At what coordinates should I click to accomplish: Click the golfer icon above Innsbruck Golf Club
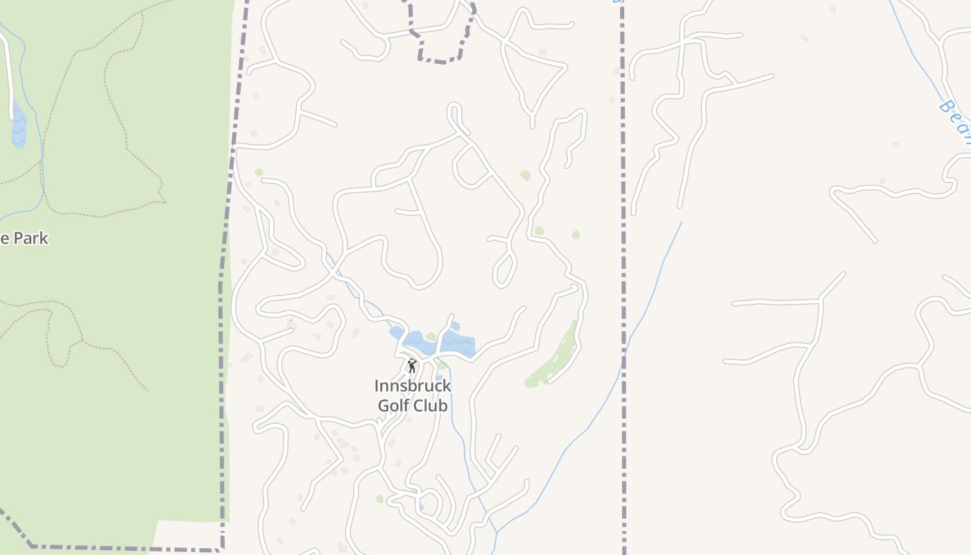pyautogui.click(x=412, y=365)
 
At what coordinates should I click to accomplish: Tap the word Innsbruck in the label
pyautogui.click(x=413, y=386)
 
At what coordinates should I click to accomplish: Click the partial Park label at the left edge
pyautogui.click(x=24, y=239)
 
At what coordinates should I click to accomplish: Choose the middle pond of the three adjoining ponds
pyautogui.click(x=415, y=341)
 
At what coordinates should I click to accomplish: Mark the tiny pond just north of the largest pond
pyautogui.click(x=455, y=325)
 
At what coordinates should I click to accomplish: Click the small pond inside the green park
pyautogui.click(x=19, y=127)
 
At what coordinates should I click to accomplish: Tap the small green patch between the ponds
pyautogui.click(x=431, y=337)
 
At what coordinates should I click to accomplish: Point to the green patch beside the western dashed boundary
pyautogui.click(x=259, y=172)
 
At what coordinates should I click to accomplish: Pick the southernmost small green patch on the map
pyautogui.click(x=379, y=499)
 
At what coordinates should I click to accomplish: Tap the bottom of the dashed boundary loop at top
pyautogui.click(x=440, y=62)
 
